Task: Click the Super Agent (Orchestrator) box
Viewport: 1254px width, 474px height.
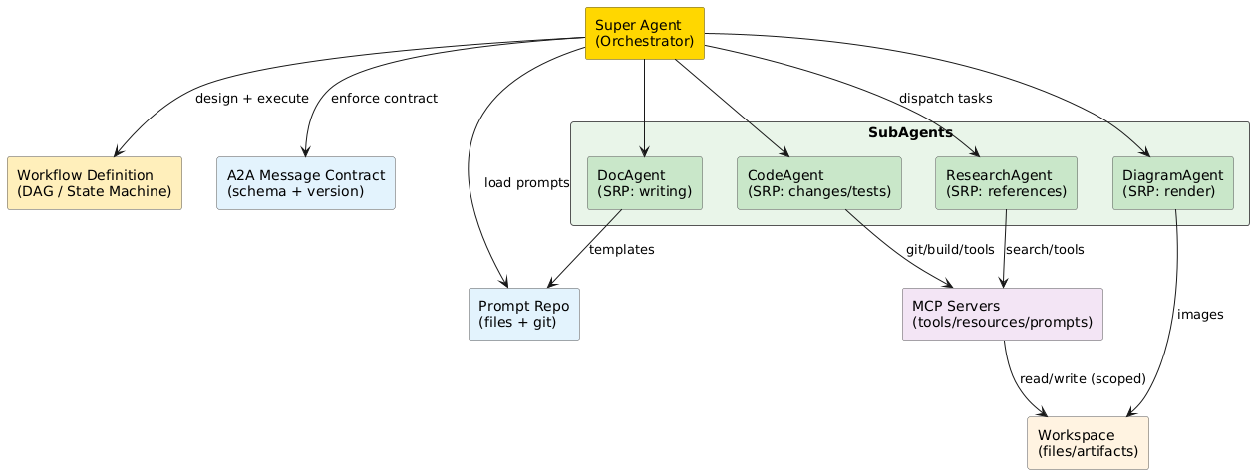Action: [644, 33]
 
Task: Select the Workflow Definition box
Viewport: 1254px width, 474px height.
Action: [95, 182]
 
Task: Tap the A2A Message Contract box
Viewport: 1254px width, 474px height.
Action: [306, 182]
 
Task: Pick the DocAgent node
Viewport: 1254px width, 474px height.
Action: [644, 182]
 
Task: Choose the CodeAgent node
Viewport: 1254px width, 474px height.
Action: [818, 182]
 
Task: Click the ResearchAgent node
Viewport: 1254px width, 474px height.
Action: [1006, 182]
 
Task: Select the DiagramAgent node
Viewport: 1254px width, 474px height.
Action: [1177, 182]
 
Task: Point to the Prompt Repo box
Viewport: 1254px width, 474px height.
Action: [523, 314]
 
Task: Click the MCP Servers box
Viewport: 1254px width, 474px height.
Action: [1002, 314]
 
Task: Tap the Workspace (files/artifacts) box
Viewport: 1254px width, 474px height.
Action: [1088, 442]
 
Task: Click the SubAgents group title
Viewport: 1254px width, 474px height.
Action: [909, 133]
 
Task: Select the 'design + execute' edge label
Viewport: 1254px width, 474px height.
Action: [252, 99]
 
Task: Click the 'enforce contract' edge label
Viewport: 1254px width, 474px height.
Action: [384, 99]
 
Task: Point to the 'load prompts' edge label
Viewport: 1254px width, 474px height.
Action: [526, 183]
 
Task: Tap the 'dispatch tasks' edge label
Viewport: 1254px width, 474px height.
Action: [945, 99]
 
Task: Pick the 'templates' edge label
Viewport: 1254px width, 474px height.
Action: [621, 250]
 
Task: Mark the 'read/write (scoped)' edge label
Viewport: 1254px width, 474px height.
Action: [1083, 379]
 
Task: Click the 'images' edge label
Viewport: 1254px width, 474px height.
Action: [1199, 315]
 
